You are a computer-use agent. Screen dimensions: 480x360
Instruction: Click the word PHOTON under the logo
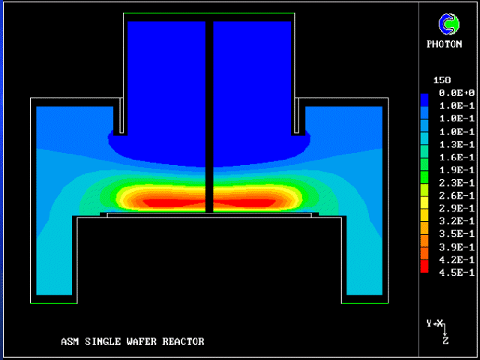[x=444, y=44]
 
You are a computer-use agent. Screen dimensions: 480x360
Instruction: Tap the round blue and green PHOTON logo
[x=448, y=24]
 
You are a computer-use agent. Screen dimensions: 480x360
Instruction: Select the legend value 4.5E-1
[x=457, y=272]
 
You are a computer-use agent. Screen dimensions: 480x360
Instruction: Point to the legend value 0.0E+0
[x=457, y=93]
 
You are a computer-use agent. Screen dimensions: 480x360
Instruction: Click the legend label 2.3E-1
[x=457, y=183]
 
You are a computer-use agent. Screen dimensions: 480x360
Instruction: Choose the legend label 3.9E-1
[x=457, y=247]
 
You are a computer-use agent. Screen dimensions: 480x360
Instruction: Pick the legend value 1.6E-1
[x=457, y=157]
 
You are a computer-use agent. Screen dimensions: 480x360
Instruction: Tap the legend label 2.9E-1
[x=457, y=208]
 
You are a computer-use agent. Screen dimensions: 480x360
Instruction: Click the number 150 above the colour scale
[x=442, y=80]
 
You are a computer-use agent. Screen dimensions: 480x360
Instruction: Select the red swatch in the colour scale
[x=424, y=266]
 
